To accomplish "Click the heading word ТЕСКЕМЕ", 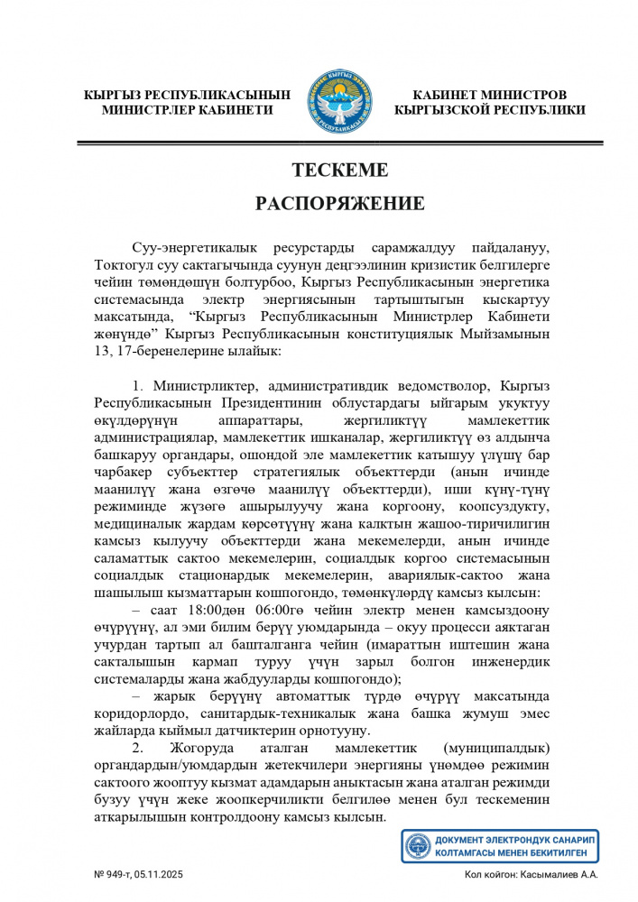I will pos(339,170).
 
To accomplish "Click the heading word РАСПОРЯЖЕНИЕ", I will pos(339,203).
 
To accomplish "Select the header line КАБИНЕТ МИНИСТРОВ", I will pos(489,95).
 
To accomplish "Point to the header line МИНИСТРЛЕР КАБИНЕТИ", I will pos(188,110).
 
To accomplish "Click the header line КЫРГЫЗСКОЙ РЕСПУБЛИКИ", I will pos(489,110).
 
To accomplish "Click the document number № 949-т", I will pos(116,874).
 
